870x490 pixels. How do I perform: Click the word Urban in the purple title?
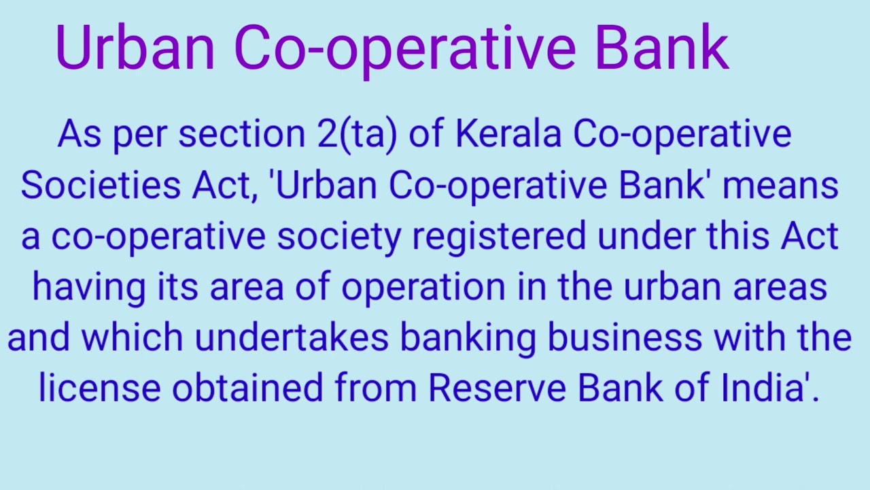pyautogui.click(x=135, y=47)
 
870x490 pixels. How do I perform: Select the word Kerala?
pyautogui.click(x=508, y=133)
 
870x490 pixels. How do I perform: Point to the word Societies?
pyautogui.click(x=100, y=185)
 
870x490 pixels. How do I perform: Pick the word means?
pyautogui.click(x=780, y=185)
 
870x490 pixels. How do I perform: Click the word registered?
pyautogui.click(x=499, y=236)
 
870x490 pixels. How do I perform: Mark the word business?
pyautogui.click(x=625, y=338)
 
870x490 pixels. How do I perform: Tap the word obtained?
pyautogui.click(x=247, y=388)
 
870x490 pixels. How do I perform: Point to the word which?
pyautogui.click(x=132, y=338)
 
